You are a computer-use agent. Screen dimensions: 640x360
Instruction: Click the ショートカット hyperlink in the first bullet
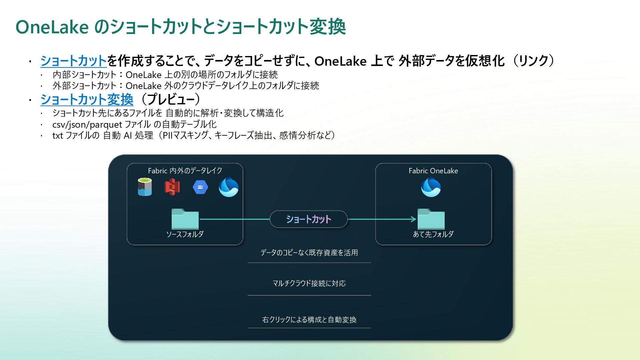click(x=73, y=61)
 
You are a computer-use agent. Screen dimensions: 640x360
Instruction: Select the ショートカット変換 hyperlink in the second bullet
click(x=87, y=99)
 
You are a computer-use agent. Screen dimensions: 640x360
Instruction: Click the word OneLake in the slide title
click(x=52, y=27)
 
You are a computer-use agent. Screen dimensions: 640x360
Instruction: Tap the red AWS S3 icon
click(x=172, y=187)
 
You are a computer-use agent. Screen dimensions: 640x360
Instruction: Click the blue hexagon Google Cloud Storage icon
click(x=200, y=187)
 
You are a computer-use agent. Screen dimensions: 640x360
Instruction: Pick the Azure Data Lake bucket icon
click(x=145, y=187)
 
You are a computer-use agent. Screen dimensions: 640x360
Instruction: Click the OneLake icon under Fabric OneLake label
click(x=431, y=187)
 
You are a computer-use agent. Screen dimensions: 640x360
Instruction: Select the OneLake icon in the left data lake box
click(x=228, y=187)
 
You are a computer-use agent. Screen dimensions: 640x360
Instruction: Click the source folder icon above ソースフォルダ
click(x=185, y=219)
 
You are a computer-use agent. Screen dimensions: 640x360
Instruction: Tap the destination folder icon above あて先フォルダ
click(x=431, y=219)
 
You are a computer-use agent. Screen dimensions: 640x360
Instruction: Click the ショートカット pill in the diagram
click(x=309, y=219)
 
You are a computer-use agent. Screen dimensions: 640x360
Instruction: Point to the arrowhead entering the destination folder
click(x=414, y=219)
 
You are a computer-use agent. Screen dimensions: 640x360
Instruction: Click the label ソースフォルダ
click(x=185, y=234)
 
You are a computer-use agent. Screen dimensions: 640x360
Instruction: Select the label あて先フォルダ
click(x=433, y=234)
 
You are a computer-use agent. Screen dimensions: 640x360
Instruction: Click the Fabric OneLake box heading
click(x=433, y=171)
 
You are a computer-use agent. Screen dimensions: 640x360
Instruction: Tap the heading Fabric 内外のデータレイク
click(x=185, y=171)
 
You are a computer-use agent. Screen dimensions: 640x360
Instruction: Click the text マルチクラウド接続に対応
click(x=309, y=283)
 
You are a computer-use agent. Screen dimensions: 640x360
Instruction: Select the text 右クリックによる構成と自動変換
click(x=309, y=320)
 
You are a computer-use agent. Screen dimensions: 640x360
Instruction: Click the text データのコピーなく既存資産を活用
click(x=309, y=253)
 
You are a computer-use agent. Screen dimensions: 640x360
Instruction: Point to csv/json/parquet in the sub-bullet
click(x=87, y=125)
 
